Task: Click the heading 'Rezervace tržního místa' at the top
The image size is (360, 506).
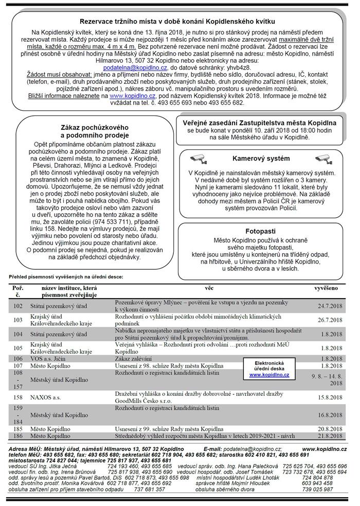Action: (x=177, y=21)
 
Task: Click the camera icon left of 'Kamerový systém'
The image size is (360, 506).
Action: (x=199, y=158)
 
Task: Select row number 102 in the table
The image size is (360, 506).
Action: (x=19, y=306)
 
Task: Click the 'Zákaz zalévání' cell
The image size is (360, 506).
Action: (x=133, y=358)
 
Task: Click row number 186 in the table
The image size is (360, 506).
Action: (x=19, y=435)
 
